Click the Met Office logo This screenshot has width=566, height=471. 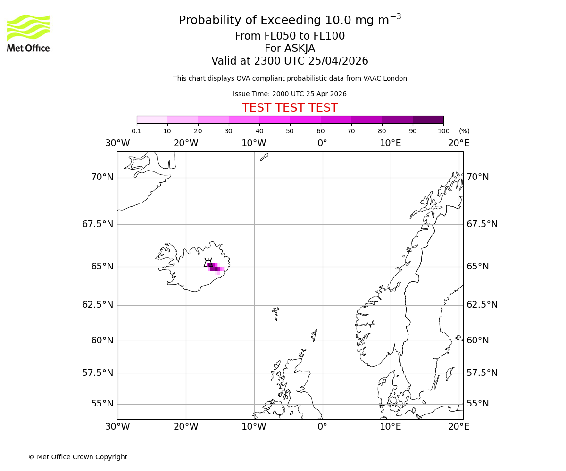coord(28,33)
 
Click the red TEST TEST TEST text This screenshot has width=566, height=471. coord(290,108)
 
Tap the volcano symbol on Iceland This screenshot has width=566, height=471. coord(208,263)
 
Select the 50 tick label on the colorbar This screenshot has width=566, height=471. coord(290,131)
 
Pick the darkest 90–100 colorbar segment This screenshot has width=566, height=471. coord(428,120)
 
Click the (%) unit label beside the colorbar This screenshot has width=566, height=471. coord(464,131)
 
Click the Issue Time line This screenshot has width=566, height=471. coord(290,94)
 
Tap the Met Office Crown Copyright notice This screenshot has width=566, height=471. coord(78,457)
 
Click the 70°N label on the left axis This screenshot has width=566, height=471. coord(102,177)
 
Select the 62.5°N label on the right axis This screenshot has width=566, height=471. coord(482,305)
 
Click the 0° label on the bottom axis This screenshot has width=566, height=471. coord(322,427)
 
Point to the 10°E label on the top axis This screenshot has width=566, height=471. coord(391,143)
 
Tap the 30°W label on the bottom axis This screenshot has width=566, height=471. coord(117,427)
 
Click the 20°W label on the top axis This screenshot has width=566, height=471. coord(185,143)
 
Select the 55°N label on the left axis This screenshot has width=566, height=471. coord(102,404)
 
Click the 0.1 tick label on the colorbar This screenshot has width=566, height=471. coord(136,131)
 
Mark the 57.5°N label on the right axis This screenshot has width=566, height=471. coord(482,373)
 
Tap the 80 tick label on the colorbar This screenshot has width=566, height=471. coord(382,131)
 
